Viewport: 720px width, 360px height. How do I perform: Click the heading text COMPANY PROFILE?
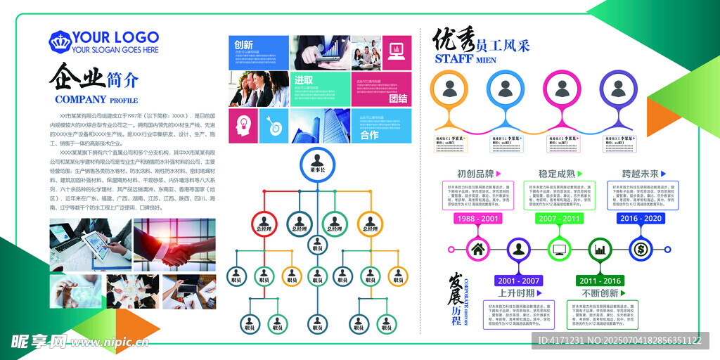click(96, 100)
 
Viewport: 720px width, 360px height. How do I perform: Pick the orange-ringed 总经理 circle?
click(369, 224)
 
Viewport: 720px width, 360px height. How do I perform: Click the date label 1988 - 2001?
click(478, 219)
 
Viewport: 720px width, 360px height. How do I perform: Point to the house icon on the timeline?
click(478, 249)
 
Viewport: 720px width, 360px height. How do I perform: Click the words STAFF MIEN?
click(465, 59)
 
